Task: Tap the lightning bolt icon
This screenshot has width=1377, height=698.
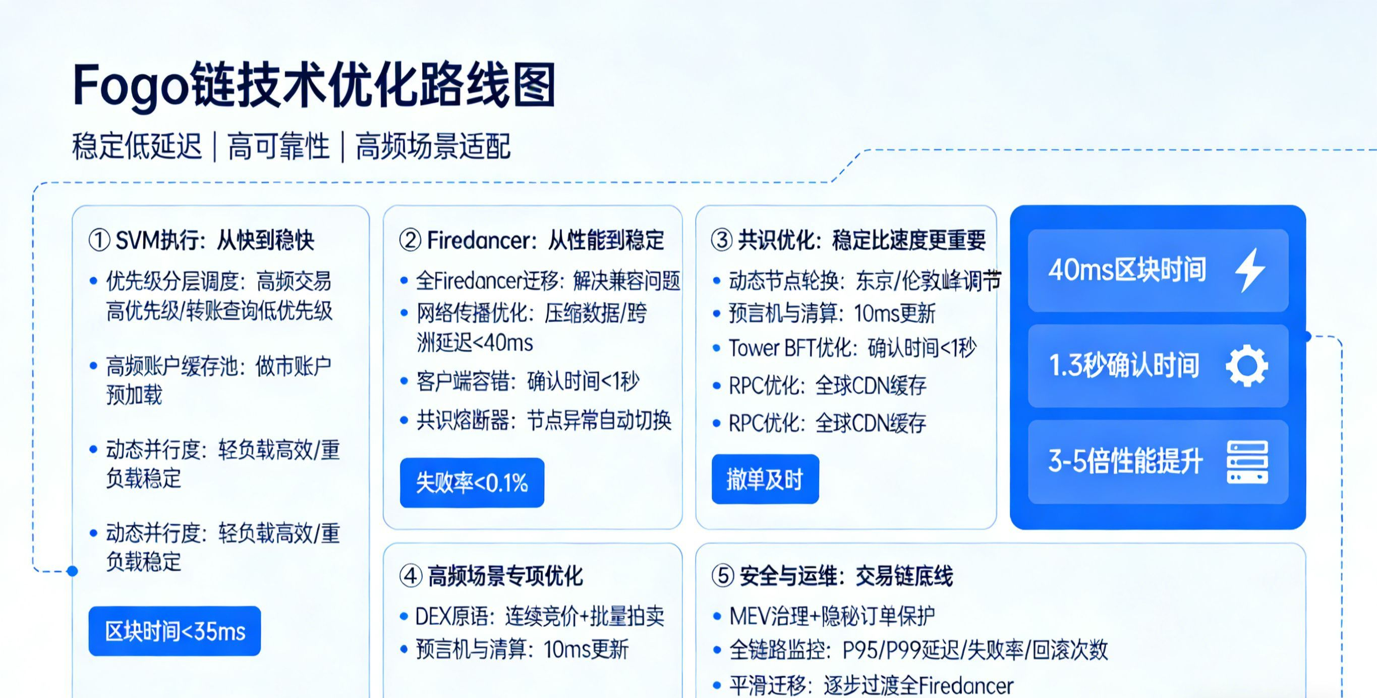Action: coord(1249,270)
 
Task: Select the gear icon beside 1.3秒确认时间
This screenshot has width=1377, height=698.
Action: coord(1246,366)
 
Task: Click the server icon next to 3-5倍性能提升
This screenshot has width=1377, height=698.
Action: coord(1247,462)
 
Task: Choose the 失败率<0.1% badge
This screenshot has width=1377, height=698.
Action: coord(472,482)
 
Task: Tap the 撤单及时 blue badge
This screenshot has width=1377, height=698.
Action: coord(765,479)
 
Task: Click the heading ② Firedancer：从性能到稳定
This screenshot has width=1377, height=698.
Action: coord(532,240)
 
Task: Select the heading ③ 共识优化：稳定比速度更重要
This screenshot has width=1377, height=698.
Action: coord(848,240)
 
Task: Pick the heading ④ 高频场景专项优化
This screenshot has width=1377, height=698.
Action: coord(491,576)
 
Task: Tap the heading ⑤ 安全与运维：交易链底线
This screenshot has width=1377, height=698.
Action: coord(832,576)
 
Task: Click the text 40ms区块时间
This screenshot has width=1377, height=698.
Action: coord(1127,270)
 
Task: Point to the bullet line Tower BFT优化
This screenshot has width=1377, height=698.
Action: coord(852,348)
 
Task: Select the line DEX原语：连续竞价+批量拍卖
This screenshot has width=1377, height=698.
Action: coord(540,617)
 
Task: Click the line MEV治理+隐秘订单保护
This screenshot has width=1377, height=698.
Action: coord(832,616)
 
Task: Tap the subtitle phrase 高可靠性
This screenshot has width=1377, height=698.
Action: coord(278,146)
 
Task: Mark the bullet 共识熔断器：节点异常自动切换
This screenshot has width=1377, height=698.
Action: coord(544,421)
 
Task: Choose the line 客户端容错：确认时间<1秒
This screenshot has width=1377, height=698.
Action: coord(528,382)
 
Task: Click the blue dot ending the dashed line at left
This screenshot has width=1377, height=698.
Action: coord(73,571)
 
